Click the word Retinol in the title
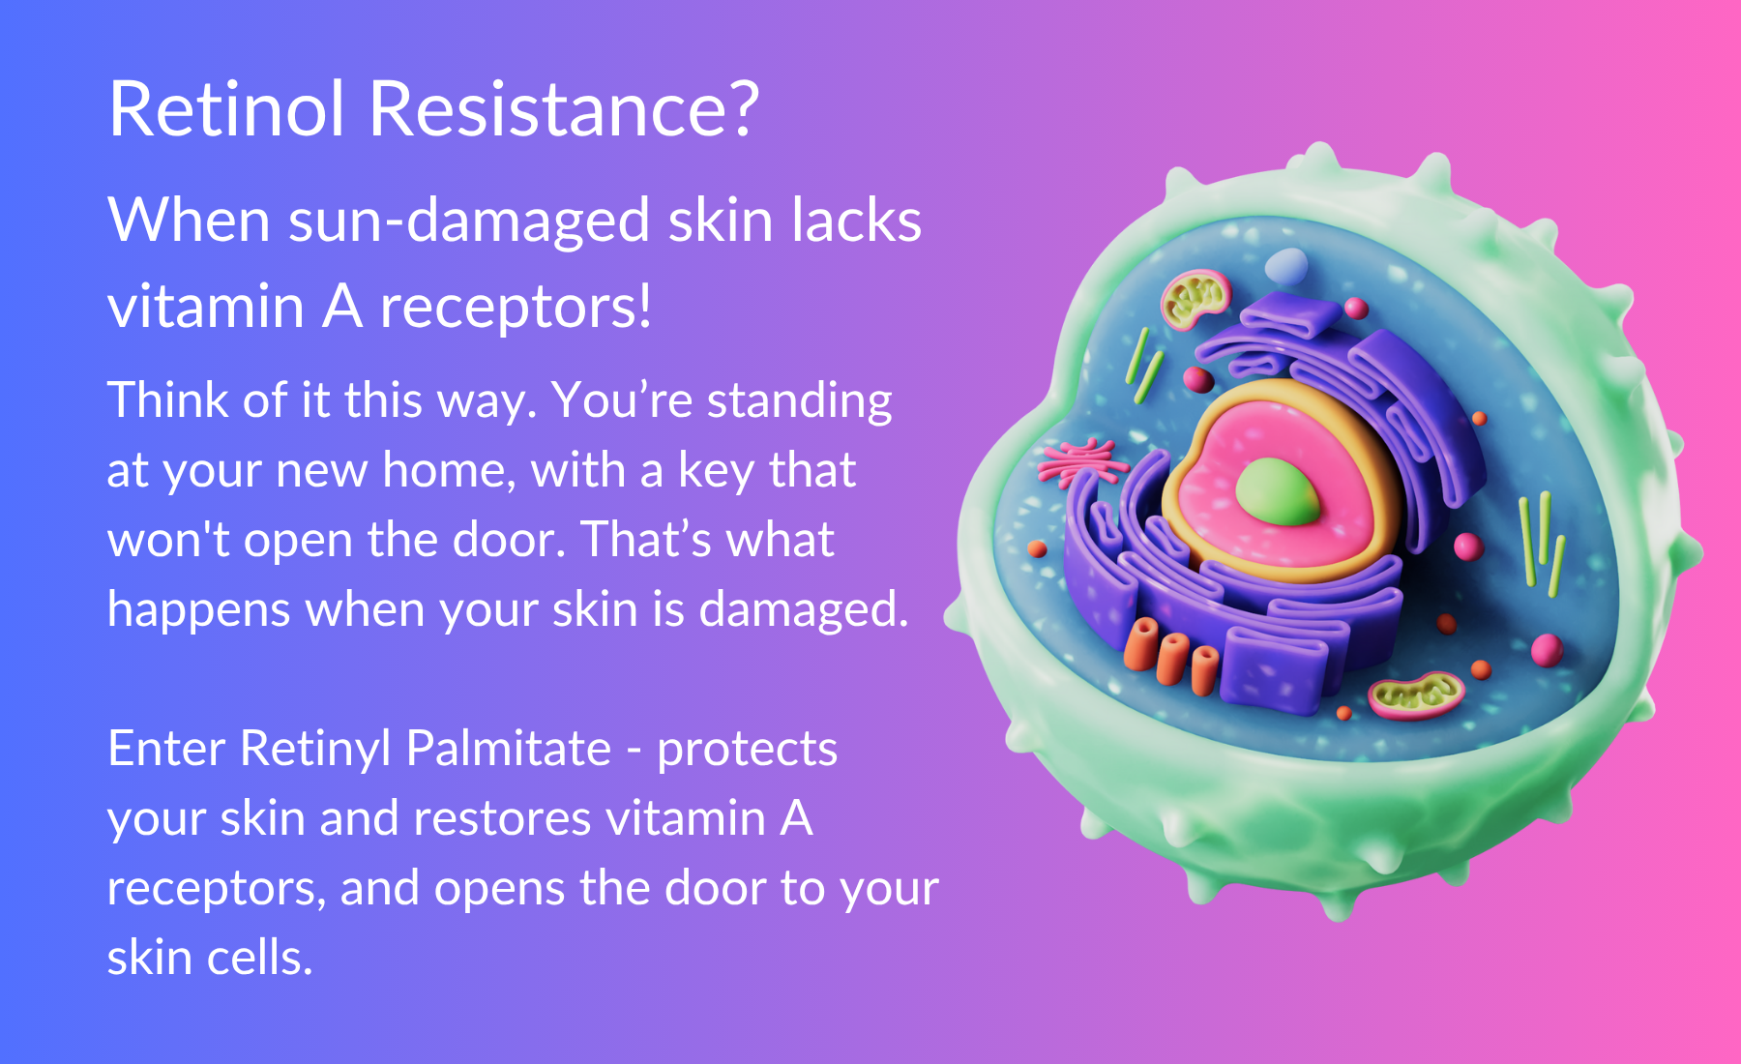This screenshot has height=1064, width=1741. (227, 108)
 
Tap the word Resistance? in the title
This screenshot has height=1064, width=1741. (564, 108)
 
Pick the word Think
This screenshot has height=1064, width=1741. (168, 399)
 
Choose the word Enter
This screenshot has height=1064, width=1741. (166, 749)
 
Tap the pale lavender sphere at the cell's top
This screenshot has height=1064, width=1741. (1286, 266)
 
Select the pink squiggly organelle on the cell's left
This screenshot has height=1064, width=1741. (1080, 462)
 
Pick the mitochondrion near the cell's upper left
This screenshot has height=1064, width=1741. (1196, 299)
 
